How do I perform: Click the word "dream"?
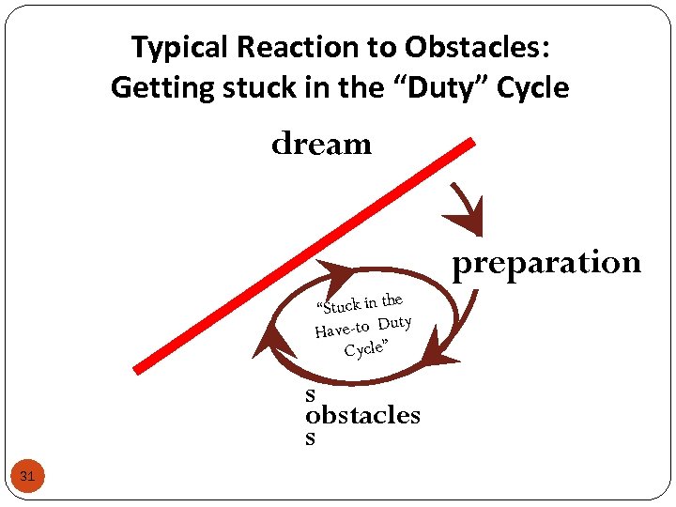coord(321,145)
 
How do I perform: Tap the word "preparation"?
coord(546,264)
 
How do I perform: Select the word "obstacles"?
coord(362,415)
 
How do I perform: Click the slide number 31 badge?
coord(27,477)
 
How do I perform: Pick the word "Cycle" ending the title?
coord(535,88)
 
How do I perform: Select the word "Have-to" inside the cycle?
coord(342,329)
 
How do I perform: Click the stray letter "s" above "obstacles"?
coord(310,395)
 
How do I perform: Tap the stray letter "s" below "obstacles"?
coord(310,438)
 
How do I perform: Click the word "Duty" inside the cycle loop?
coord(395,323)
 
